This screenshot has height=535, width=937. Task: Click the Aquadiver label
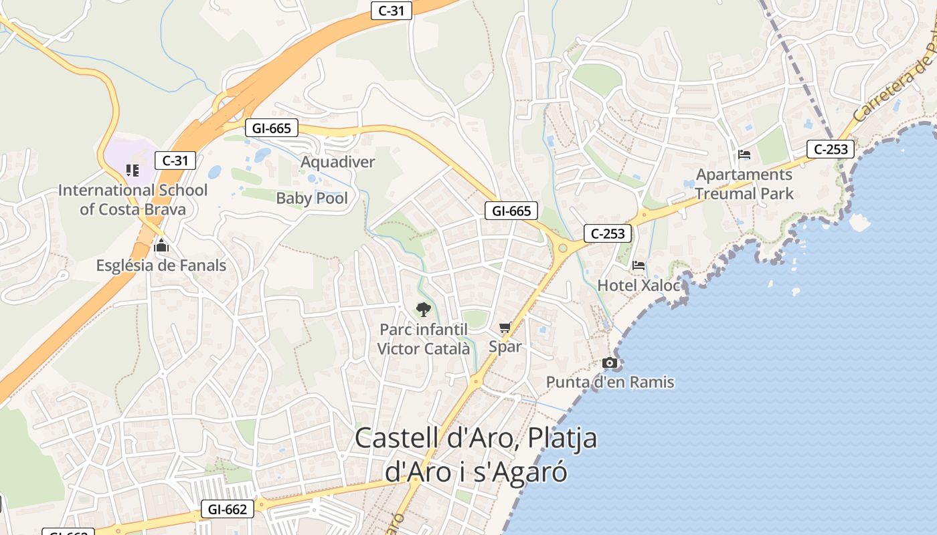pyautogui.click(x=337, y=162)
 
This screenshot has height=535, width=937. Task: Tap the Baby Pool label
pyautogui.click(x=312, y=198)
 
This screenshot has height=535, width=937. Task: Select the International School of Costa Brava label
pyautogui.click(x=133, y=199)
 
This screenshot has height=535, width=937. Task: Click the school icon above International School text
pyautogui.click(x=133, y=171)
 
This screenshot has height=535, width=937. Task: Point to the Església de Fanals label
pyautogui.click(x=161, y=265)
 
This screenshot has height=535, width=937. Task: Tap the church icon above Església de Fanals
pyautogui.click(x=161, y=245)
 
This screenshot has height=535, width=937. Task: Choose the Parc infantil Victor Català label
pyautogui.click(x=423, y=339)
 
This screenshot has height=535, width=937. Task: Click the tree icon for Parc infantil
pyautogui.click(x=423, y=309)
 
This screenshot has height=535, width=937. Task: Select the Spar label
pyautogui.click(x=505, y=346)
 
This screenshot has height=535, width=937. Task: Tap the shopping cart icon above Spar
pyautogui.click(x=505, y=327)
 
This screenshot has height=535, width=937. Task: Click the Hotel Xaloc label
pyautogui.click(x=638, y=286)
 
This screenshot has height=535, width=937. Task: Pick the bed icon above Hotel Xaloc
pyautogui.click(x=638, y=265)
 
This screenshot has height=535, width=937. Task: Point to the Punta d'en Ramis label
pyautogui.click(x=610, y=383)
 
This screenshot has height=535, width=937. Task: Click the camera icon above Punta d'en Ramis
pyautogui.click(x=610, y=363)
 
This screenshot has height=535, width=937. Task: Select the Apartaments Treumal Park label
pyautogui.click(x=744, y=184)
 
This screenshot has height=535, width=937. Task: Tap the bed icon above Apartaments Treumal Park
pyautogui.click(x=744, y=154)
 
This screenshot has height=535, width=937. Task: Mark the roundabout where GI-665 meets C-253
pyautogui.click(x=562, y=248)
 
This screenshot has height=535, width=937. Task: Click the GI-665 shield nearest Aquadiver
pyautogui.click(x=272, y=128)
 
